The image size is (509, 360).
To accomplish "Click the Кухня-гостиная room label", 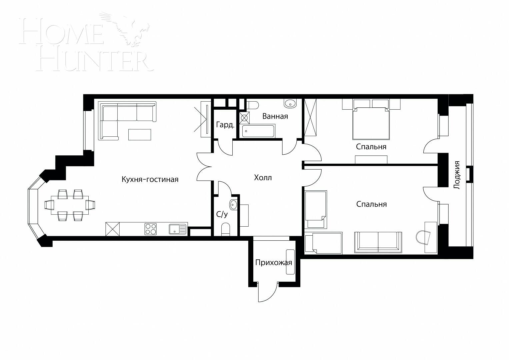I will click(150, 180).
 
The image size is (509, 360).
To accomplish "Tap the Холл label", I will click(263, 178).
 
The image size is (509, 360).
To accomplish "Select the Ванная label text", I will click(275, 116).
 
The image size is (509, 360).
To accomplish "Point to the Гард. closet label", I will click(225, 125).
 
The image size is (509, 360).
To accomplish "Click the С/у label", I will click(222, 214).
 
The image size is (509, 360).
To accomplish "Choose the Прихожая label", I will click(273, 263).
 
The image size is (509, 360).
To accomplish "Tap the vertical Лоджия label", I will click(457, 175).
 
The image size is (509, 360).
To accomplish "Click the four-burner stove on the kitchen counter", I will click(151, 229).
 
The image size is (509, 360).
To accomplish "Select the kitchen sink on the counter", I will click(177, 229).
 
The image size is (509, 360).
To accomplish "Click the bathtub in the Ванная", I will click(258, 131).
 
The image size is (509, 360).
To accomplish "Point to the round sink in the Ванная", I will click(290, 103).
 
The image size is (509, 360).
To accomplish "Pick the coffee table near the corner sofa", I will click(140, 135).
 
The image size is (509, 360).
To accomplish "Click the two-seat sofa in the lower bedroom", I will click(378, 241).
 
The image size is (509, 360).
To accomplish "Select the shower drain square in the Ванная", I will click(244, 117).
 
